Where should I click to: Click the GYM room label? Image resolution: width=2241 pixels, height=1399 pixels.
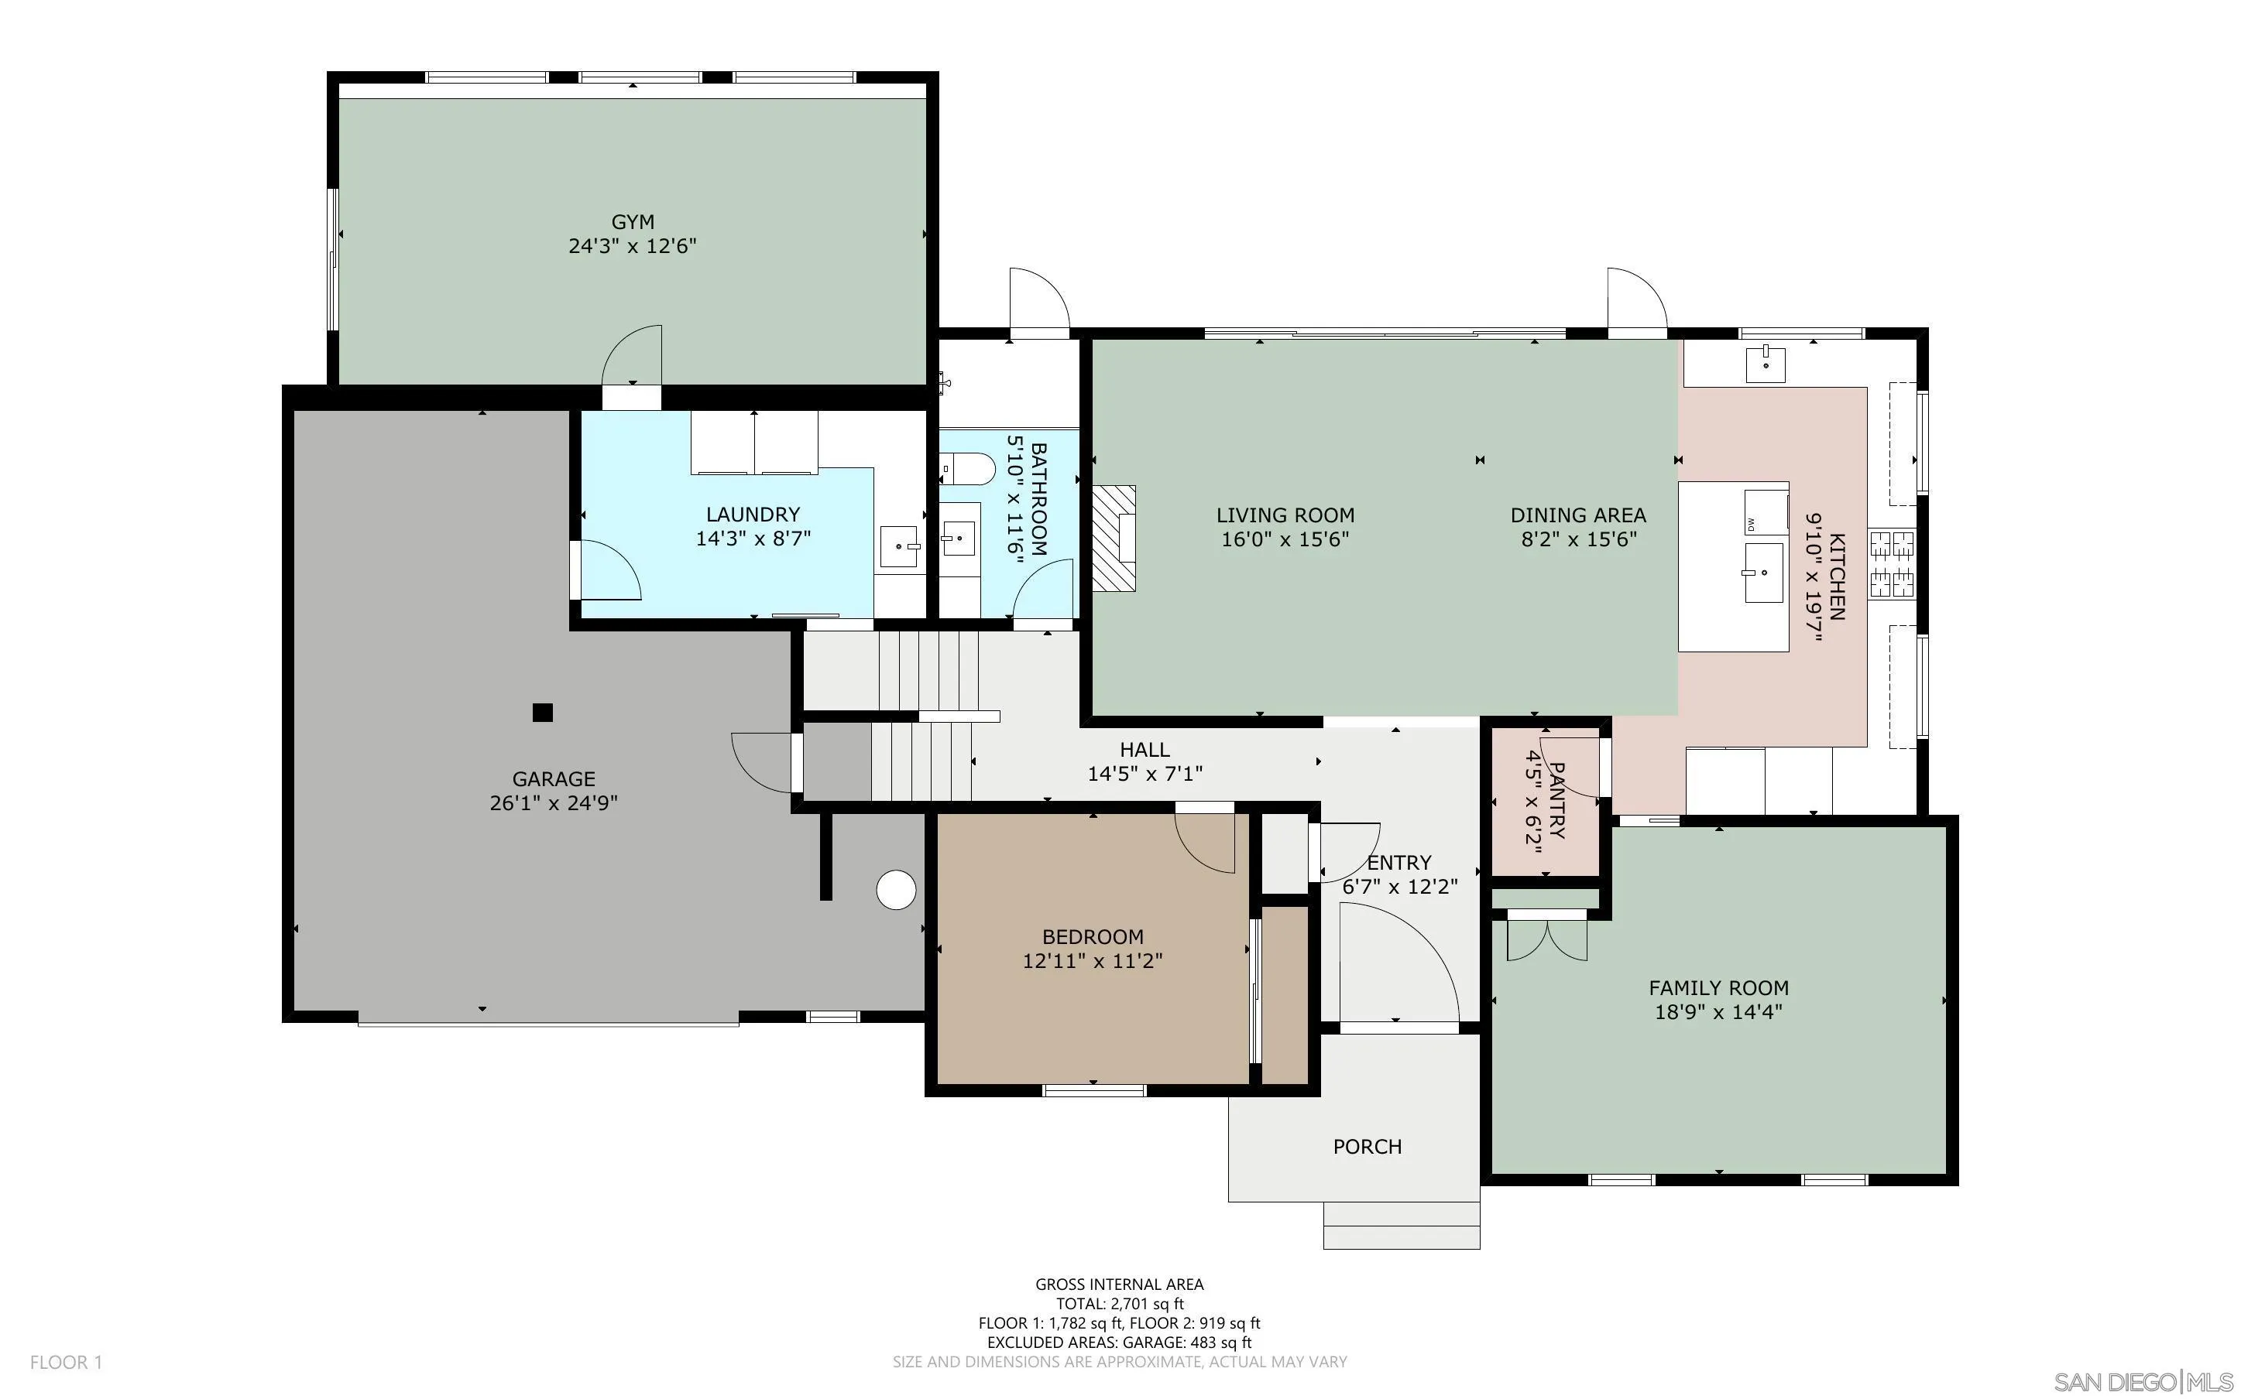coord(632,222)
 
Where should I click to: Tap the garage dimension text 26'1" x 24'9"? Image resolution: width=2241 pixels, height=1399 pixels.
coord(554,803)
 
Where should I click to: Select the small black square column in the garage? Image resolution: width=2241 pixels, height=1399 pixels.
coord(542,713)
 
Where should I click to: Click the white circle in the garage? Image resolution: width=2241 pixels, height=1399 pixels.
coord(895,890)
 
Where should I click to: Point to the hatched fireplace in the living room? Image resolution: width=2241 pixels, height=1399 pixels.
coord(1114,539)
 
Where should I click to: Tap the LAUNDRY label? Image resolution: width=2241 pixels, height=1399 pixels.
coord(753,515)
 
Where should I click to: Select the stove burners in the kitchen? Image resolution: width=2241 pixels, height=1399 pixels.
coord(1892,563)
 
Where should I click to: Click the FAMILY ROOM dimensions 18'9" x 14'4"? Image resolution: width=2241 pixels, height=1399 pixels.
coord(1718,1012)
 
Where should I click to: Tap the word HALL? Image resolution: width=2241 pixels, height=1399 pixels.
coord(1144,750)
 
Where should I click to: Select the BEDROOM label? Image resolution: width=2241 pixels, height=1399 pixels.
coord(1093,936)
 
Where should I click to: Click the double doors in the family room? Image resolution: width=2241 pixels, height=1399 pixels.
coord(1546,936)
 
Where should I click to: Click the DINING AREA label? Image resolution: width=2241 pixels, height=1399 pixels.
coord(1577,515)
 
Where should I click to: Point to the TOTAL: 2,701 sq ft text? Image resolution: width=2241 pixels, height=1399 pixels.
coord(1119,1304)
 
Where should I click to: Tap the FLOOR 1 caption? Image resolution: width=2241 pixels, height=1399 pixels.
coord(66,1362)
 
